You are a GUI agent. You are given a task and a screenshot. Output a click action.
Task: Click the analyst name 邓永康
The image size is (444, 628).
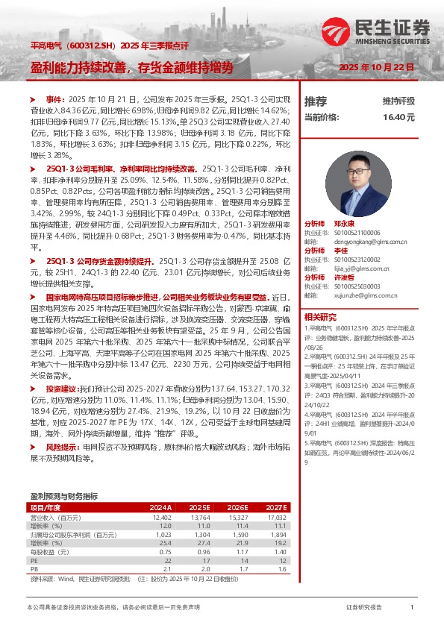point(344,224)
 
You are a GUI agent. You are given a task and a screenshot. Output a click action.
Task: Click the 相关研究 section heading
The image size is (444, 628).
point(319,316)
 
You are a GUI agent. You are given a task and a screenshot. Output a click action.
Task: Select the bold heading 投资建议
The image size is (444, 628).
point(60,389)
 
